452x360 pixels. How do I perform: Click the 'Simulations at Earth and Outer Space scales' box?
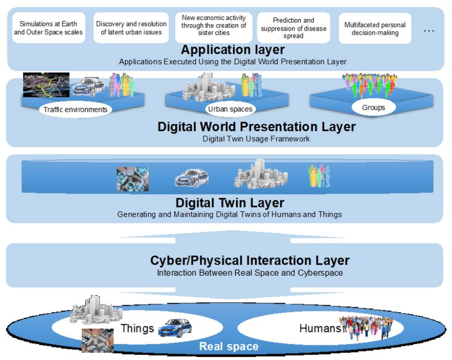pos(49,28)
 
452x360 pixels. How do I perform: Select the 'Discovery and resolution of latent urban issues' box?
pos(131,28)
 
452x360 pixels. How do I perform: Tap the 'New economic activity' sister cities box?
pos(213,28)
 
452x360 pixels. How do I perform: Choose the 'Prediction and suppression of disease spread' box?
pos(293,28)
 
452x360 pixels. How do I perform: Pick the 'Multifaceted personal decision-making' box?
pos(375,28)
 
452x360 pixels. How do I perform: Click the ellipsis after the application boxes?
pos(429,31)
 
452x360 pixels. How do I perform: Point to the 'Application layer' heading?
pos(233,50)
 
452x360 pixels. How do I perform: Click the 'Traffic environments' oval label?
pos(75,109)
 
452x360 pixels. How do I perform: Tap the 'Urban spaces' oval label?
pos(230,109)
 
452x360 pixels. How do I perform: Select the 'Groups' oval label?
pos(374,107)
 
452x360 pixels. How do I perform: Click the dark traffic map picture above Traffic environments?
pos(46,85)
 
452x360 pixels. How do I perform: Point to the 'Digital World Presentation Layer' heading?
pos(256,127)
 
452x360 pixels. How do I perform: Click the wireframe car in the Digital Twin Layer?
pos(192,178)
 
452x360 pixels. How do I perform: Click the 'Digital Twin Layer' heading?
pos(230,203)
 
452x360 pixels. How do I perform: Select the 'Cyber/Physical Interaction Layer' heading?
pos(250,260)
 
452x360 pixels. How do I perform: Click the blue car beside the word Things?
pos(175,328)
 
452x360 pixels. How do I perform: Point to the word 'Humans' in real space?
pos(320,328)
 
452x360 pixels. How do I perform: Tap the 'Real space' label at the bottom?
pos(229,346)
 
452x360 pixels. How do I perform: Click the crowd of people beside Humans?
pos(366,327)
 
